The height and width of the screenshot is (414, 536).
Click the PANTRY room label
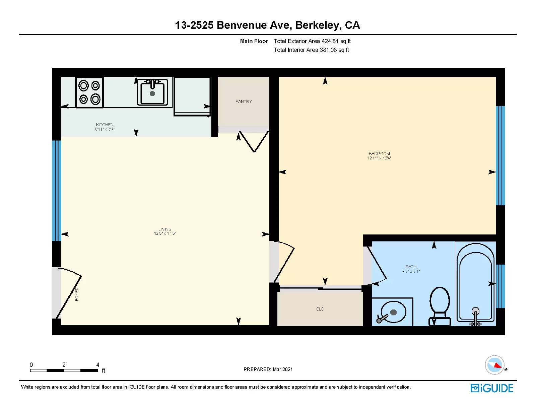(244, 101)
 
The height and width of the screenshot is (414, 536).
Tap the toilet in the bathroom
(440, 306)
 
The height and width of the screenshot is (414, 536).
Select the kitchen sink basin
(152, 92)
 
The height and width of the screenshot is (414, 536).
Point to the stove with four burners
(89, 92)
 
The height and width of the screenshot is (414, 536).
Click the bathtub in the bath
(476, 284)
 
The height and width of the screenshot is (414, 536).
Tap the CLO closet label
(320, 309)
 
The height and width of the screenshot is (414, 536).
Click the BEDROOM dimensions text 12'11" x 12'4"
(379, 158)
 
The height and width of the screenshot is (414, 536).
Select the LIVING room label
(165, 229)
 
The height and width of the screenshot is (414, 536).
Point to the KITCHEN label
(105, 125)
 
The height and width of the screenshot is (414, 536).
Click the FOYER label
(77, 294)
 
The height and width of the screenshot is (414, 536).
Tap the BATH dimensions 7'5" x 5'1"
(411, 271)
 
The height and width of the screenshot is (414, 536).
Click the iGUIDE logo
(492, 388)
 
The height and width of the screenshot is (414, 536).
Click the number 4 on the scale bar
(98, 364)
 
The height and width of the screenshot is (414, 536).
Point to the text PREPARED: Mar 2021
(268, 369)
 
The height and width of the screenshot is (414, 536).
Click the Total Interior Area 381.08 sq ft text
(311, 50)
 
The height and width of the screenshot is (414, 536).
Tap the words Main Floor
(254, 41)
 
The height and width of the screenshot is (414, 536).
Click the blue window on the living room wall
(57, 191)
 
